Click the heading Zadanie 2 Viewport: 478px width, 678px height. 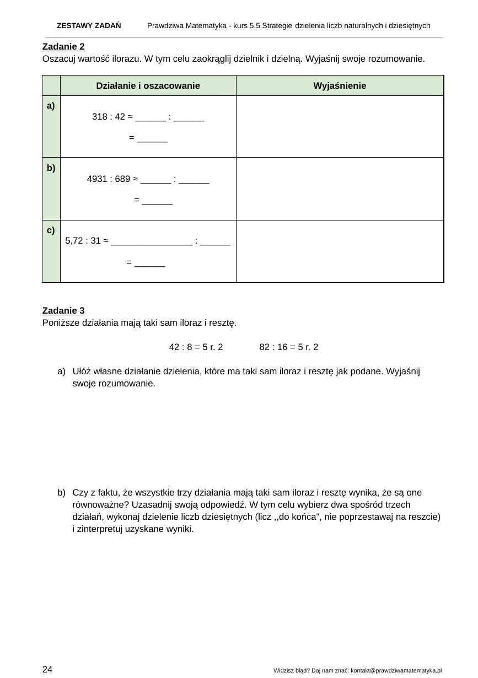click(x=63, y=47)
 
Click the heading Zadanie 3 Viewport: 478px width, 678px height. click(x=63, y=311)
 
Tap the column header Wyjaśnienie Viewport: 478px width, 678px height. click(x=340, y=85)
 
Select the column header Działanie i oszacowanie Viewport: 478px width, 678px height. click(x=148, y=85)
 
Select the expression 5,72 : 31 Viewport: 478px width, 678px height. click(x=83, y=240)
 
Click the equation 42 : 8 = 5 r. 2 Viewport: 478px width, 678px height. click(x=196, y=347)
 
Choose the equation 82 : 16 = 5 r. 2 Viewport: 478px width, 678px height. click(x=288, y=347)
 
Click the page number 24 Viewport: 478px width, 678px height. click(x=47, y=669)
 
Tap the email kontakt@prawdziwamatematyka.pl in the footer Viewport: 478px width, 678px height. click(x=396, y=670)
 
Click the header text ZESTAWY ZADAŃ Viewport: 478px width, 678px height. click(x=89, y=26)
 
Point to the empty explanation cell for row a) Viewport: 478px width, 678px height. click(x=340, y=127)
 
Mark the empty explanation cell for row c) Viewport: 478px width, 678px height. click(x=340, y=251)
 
